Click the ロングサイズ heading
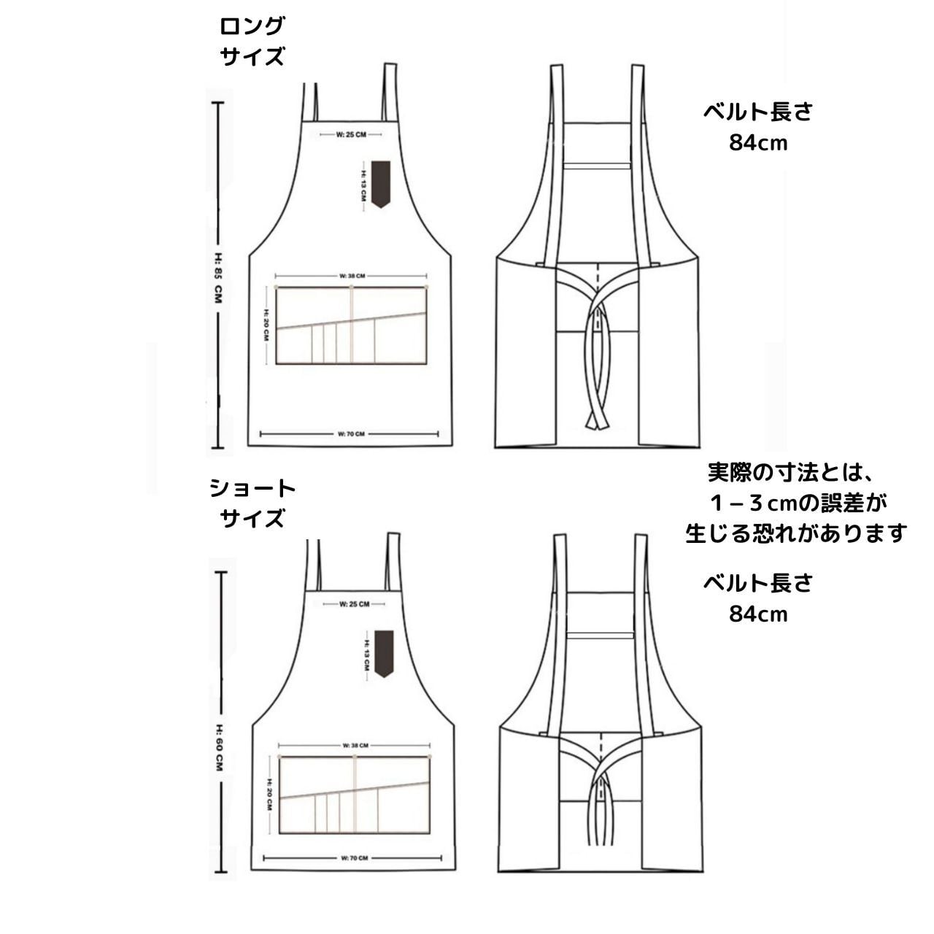(252, 42)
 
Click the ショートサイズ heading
(252, 503)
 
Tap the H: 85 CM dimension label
(218, 278)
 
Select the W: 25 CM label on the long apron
(352, 134)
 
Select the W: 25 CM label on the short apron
(355, 604)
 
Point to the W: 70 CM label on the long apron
(351, 434)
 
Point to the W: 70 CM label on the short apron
(355, 858)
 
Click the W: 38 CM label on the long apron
(352, 276)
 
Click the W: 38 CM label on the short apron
(355, 745)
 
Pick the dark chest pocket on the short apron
(384, 652)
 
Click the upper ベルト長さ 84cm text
(758, 127)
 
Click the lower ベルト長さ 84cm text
(758, 598)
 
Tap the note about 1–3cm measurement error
(795, 503)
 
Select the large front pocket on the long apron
(351, 325)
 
